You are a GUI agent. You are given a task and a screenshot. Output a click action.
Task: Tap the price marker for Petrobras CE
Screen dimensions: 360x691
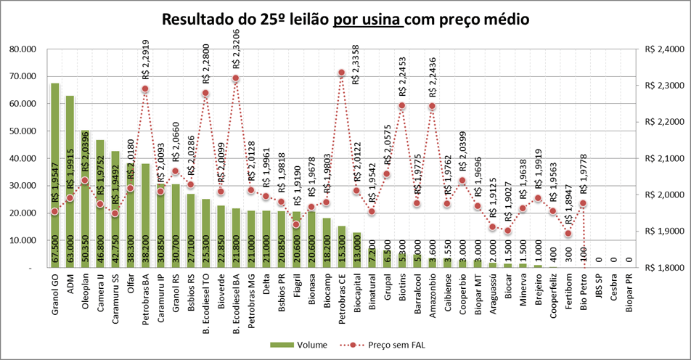click(x=341, y=73)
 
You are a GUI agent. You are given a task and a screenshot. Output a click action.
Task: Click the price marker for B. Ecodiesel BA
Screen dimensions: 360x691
click(x=235, y=78)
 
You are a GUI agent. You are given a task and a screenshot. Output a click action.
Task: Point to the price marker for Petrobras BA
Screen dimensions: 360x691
click(x=145, y=89)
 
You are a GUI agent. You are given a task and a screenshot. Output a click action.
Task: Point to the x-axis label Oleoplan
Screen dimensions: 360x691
click(x=86, y=294)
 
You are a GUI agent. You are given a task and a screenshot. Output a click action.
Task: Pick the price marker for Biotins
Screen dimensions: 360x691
click(x=401, y=106)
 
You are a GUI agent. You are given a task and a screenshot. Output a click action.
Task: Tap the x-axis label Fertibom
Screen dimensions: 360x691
click(x=569, y=294)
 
